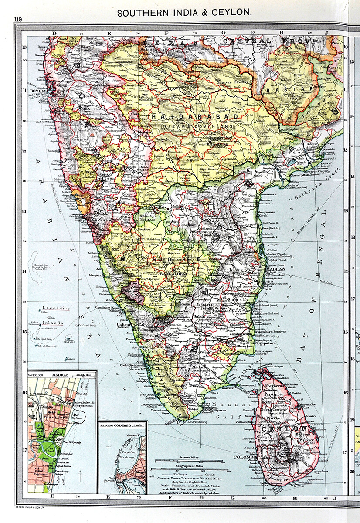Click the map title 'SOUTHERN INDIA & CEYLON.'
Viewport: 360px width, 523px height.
coord(184,13)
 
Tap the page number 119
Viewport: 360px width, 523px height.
coord(18,19)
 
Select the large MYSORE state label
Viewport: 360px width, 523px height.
coord(159,259)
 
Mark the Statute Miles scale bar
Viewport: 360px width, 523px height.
coord(189,460)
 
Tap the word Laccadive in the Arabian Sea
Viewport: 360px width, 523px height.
coord(56,308)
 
